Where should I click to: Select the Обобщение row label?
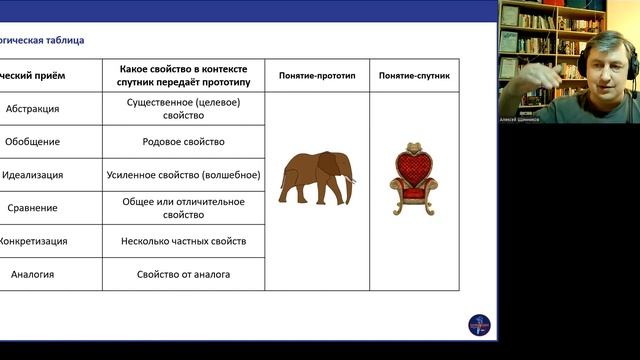[32, 142]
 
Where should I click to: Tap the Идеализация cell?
[33, 175]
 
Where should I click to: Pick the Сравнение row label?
[34, 208]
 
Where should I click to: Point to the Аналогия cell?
[33, 274]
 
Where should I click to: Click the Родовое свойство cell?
[184, 142]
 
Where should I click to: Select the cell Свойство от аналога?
[184, 274]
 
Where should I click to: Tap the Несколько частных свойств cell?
[184, 241]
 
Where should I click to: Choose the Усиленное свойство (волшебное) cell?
[184, 175]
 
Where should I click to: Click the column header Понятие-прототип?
[317, 75]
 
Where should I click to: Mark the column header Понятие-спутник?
[414, 75]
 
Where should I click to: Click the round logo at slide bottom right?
[479, 325]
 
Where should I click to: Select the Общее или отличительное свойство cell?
[184, 208]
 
